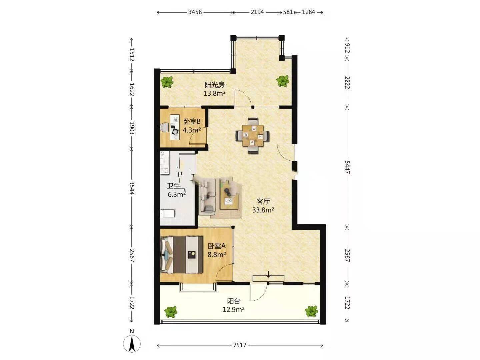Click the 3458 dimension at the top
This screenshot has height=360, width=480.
click(195, 12)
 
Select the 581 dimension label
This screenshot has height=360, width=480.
click(288, 12)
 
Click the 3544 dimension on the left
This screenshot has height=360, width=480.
click(132, 188)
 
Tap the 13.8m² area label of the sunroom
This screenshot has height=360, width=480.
click(215, 94)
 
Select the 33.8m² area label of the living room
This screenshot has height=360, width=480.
click(263, 210)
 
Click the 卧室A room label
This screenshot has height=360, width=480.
click(216, 246)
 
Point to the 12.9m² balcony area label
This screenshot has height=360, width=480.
click(233, 310)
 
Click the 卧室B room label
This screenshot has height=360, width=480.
click(192, 121)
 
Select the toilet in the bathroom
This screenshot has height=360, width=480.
click(168, 213)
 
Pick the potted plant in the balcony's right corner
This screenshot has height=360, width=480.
click(311, 311)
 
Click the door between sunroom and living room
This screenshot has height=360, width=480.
click(243, 98)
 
